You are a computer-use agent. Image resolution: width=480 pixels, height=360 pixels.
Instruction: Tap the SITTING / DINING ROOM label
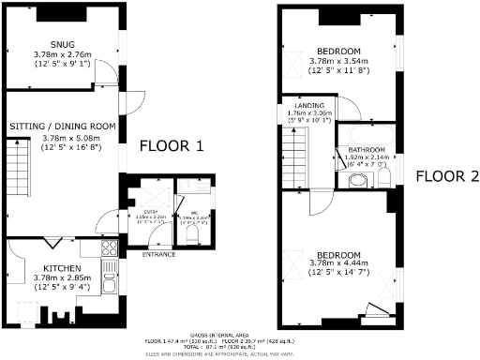pyautogui.click(x=63, y=126)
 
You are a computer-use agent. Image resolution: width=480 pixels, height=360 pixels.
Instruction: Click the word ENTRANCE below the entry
pyautogui.click(x=158, y=254)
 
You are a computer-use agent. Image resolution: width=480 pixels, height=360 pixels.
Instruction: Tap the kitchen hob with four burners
pyautogui.click(x=109, y=249)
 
